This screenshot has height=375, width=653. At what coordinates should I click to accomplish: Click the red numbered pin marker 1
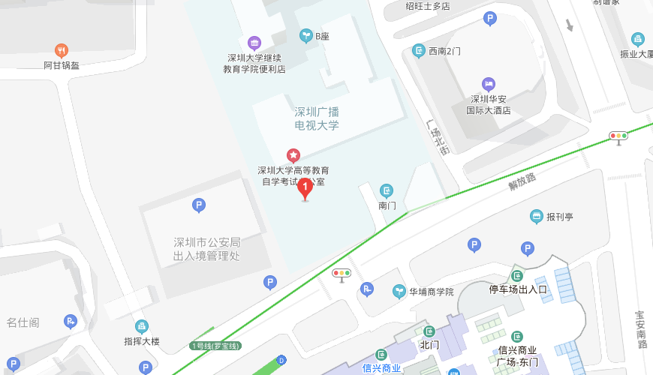pyautogui.click(x=305, y=188)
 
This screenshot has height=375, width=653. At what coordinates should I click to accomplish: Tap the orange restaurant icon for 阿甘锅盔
pyautogui.click(x=62, y=51)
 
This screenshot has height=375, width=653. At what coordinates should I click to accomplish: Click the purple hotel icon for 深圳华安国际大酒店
pyautogui.click(x=489, y=83)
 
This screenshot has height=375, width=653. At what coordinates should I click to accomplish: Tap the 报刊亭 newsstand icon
pyautogui.click(x=536, y=217)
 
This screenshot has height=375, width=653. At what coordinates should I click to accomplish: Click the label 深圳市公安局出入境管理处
pyautogui.click(x=206, y=249)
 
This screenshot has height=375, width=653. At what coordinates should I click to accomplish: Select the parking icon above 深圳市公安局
pyautogui.click(x=199, y=205)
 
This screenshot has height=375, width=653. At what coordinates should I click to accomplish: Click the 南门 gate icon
pyautogui.click(x=387, y=190)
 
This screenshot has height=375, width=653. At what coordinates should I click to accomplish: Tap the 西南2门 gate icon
pyautogui.click(x=419, y=51)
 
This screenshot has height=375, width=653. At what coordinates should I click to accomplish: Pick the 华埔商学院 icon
pyautogui.click(x=399, y=292)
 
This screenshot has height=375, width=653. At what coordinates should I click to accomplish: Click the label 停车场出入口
pyautogui.click(x=518, y=289)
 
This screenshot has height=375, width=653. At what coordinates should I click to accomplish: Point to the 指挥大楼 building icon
pyautogui.click(x=142, y=326)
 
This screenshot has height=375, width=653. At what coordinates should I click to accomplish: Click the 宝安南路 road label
pyautogui.click(x=641, y=330)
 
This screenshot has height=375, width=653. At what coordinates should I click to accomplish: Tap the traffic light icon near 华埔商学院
pyautogui.click(x=342, y=274)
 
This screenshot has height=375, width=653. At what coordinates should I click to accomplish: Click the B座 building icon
pyautogui.click(x=305, y=35)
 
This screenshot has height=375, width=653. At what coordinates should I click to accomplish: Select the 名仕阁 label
pyautogui.click(x=23, y=322)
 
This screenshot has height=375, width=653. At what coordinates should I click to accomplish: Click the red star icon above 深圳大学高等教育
pyautogui.click(x=293, y=155)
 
